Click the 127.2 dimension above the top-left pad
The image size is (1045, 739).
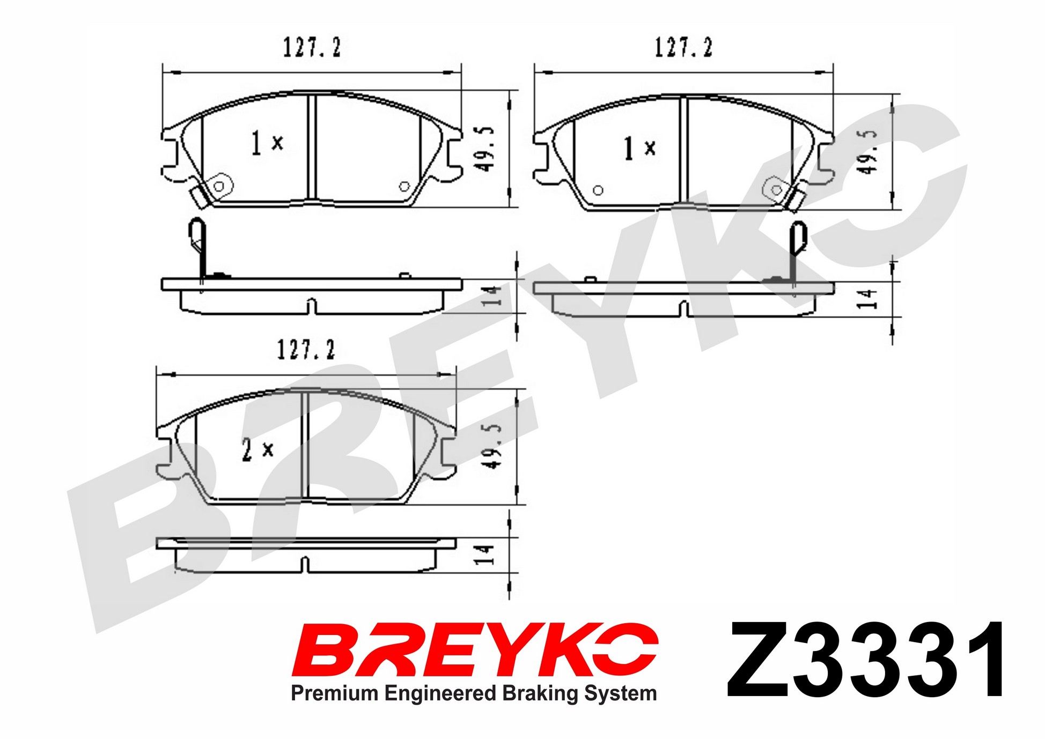(312, 48)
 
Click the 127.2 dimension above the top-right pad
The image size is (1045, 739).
(683, 48)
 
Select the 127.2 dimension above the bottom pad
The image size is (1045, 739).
(306, 350)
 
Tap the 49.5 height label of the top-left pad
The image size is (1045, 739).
(484, 149)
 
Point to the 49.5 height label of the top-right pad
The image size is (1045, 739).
(867, 151)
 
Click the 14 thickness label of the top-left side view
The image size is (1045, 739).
(491, 296)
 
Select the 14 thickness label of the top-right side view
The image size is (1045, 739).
(867, 299)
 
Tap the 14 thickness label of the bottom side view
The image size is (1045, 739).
(484, 555)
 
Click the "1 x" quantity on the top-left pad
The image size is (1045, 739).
(267, 143)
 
